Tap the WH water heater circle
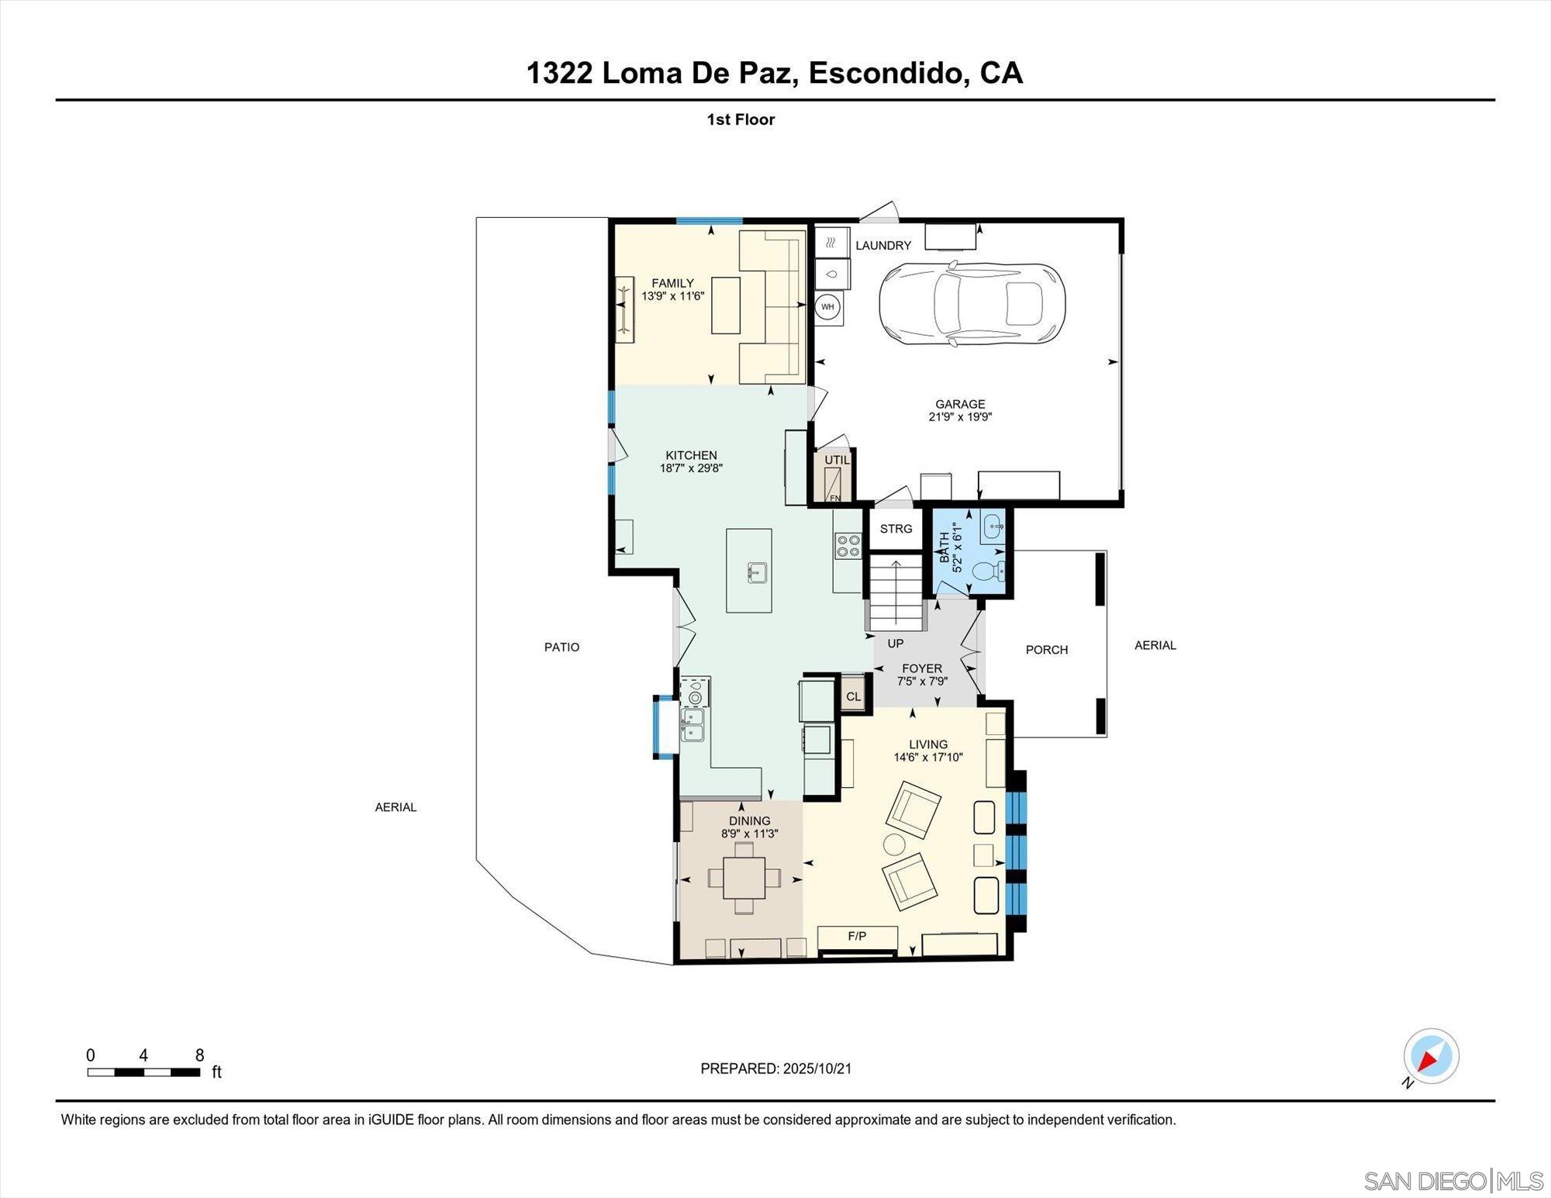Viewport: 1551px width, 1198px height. click(827, 307)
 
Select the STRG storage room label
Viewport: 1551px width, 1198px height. click(896, 529)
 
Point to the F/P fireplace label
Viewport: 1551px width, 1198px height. click(857, 937)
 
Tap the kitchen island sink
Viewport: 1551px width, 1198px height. click(758, 573)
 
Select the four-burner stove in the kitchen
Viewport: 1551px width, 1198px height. click(848, 546)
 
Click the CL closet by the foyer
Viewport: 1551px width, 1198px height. click(853, 696)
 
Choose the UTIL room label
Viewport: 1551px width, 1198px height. click(837, 460)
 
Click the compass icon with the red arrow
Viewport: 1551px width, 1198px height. click(1431, 1056)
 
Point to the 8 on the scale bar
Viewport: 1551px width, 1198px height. click(199, 1055)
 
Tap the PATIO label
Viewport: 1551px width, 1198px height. click(561, 647)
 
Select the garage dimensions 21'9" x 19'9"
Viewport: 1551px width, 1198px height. click(960, 417)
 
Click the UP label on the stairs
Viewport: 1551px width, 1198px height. click(896, 644)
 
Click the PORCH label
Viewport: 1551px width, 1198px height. click(1046, 650)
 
